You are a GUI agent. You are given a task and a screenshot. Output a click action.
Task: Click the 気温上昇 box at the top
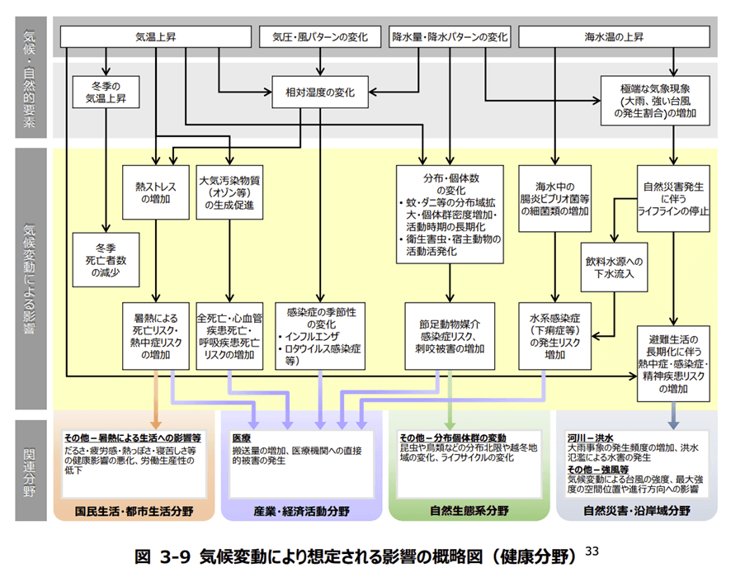coord(156,37)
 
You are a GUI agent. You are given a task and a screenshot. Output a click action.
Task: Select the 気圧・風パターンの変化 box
coord(319,37)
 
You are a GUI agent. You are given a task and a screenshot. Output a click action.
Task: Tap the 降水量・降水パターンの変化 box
coord(450,37)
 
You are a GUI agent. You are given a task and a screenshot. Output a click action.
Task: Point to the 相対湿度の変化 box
coord(319,93)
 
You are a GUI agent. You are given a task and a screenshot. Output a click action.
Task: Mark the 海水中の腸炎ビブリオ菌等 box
coord(556,199)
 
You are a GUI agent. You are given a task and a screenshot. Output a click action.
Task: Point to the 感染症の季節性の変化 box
coord(319,336)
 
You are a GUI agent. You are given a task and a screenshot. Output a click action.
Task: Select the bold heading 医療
coord(241,437)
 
